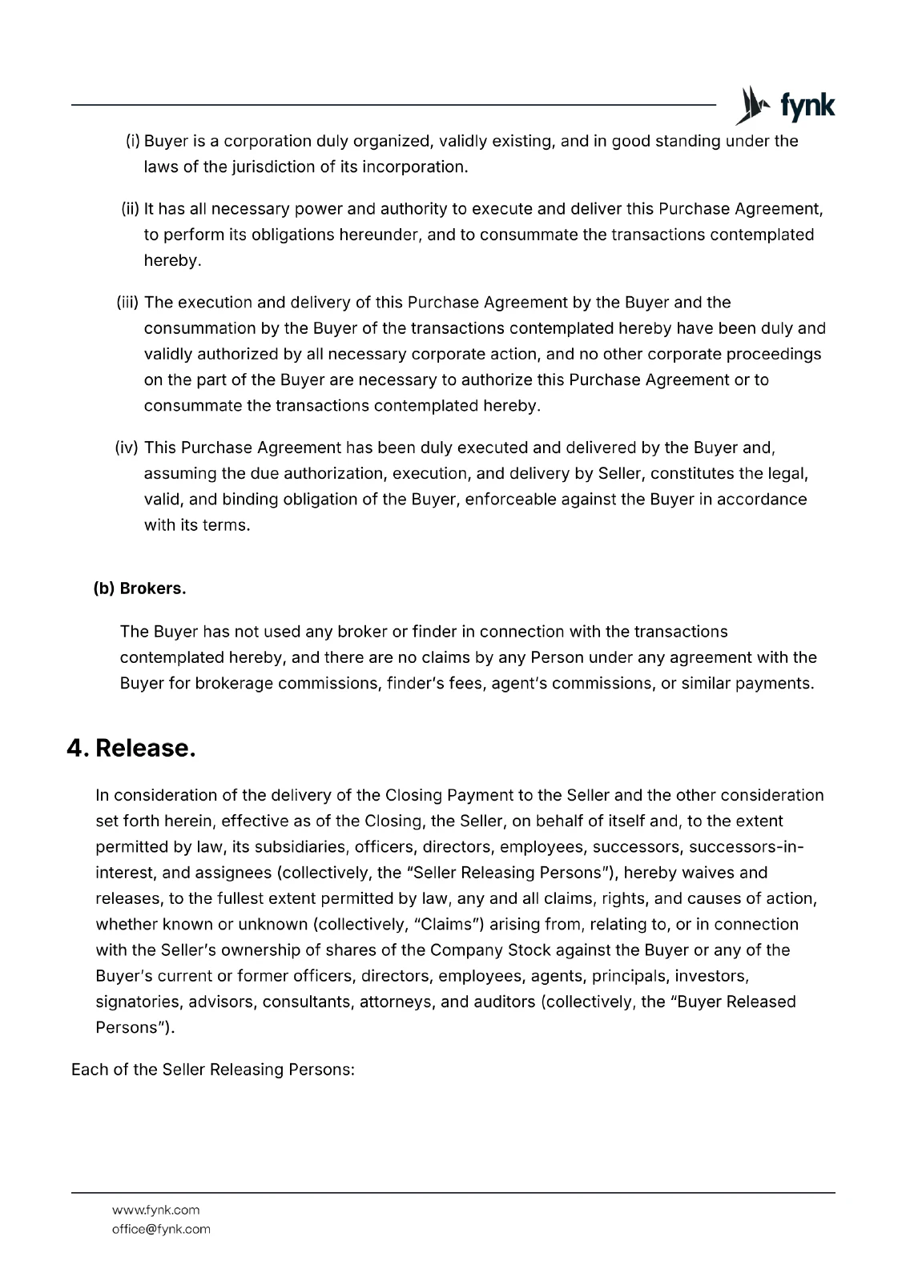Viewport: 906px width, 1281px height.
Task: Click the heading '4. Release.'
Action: pos(131,748)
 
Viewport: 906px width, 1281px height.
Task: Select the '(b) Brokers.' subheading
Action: pos(139,588)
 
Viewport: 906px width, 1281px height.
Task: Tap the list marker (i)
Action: pos(133,142)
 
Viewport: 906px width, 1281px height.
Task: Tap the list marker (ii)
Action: pos(130,210)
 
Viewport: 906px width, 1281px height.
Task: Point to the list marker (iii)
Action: pos(127,303)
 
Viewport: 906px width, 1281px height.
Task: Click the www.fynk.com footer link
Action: pos(155,1210)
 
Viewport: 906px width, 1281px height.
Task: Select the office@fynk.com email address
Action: pos(161,1229)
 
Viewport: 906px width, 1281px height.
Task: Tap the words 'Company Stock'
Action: pos(478,950)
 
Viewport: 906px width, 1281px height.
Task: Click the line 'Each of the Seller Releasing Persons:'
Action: pos(213,1070)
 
